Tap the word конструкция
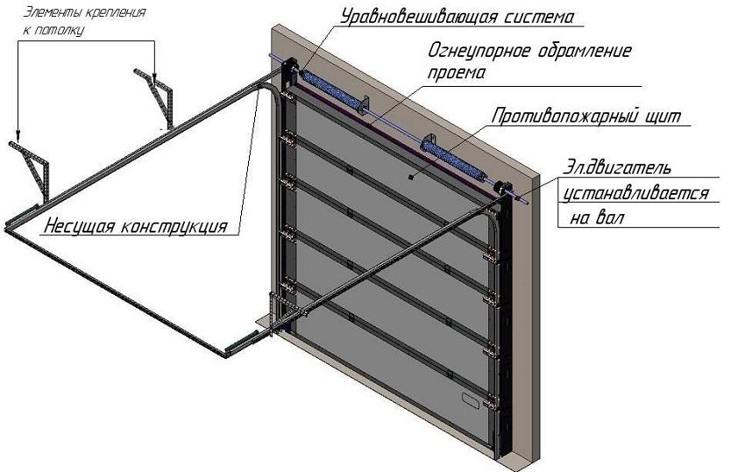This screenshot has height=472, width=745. pos(171,225)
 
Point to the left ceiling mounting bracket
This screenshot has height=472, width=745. pos(33,171)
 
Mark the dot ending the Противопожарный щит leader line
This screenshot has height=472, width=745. pos(409,175)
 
